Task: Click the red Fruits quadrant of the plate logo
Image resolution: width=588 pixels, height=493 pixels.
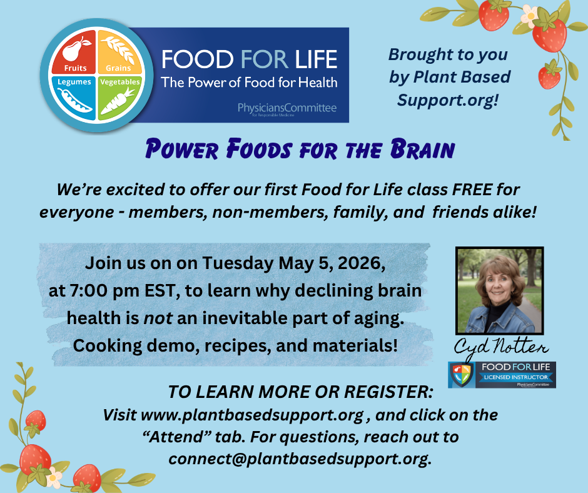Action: [74, 52]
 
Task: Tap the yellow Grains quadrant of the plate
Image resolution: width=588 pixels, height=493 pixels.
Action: [119, 52]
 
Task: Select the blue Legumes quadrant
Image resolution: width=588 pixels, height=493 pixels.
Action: [74, 98]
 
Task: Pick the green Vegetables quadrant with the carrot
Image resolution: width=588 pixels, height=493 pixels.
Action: [119, 98]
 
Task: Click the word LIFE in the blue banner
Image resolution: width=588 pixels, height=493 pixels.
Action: [316, 59]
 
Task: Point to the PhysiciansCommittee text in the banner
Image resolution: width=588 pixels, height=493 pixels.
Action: [287, 108]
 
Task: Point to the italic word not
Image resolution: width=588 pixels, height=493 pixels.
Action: [158, 318]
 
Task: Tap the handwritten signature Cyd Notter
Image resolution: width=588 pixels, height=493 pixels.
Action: [500, 347]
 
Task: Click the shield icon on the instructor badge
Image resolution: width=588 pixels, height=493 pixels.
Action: [462, 375]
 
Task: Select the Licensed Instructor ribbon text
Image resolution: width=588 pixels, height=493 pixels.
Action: [515, 377]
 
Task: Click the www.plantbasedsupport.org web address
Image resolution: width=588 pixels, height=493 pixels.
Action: [252, 415]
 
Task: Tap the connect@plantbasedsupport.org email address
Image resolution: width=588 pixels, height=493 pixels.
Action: [298, 459]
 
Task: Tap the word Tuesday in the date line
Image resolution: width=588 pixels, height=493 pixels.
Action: [238, 263]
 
